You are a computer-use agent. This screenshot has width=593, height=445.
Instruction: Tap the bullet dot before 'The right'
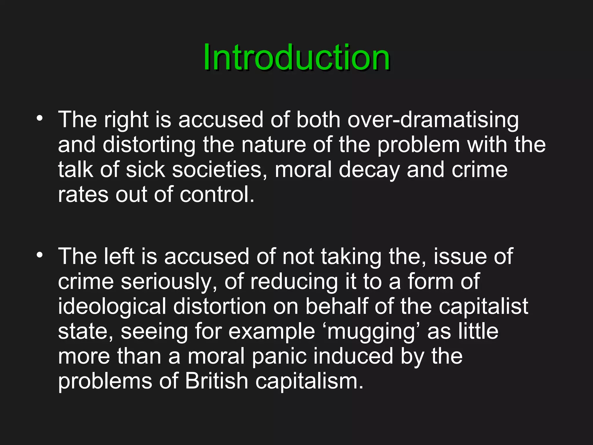click(40, 118)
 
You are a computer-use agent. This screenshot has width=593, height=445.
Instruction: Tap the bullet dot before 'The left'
click(40, 255)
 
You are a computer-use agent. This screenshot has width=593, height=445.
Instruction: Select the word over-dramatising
click(433, 120)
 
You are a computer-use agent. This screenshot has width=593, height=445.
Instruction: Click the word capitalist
click(483, 307)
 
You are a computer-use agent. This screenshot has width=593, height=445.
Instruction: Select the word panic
click(279, 357)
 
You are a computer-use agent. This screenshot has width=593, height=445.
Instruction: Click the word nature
click(274, 145)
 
